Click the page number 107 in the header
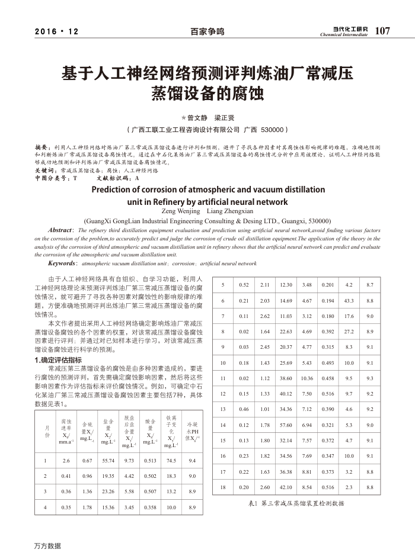click(x=382, y=31)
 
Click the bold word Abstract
click(x=60, y=229)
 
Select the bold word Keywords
click(x=62, y=263)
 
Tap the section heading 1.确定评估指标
click(x=58, y=359)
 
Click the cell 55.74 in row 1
click(x=108, y=460)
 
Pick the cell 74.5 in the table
click(x=171, y=460)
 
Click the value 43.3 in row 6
click(x=349, y=301)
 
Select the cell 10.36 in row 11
click(x=307, y=378)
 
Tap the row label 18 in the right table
click(x=223, y=487)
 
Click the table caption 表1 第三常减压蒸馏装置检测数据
click(x=295, y=503)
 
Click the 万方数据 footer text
click(x=47, y=546)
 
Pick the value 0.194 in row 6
click(x=328, y=301)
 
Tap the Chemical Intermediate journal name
click(x=344, y=34)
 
